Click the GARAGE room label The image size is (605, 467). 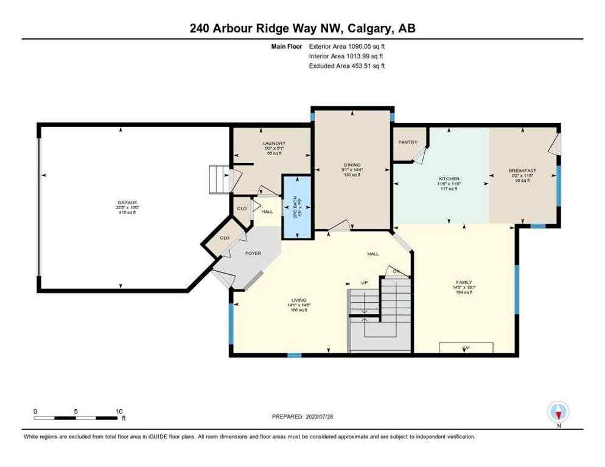[x=127, y=202]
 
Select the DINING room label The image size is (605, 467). [x=352, y=165]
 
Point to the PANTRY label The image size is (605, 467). [x=407, y=142]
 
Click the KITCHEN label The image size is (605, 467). [x=448, y=179]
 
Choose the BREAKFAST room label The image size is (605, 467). [x=522, y=170]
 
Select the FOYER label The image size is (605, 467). [x=253, y=253]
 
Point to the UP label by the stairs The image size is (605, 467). [x=364, y=283]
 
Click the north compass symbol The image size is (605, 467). [x=558, y=413]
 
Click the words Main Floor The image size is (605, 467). [x=289, y=46]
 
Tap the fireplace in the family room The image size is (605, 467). [x=466, y=348]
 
